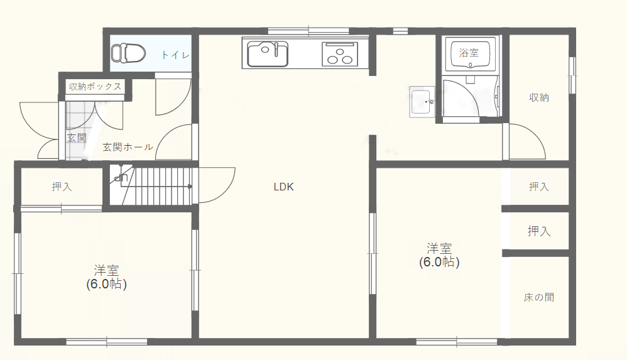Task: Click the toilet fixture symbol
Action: pyautogui.click(x=128, y=53)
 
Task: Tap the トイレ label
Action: pyautogui.click(x=175, y=55)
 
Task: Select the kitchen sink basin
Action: pyautogui.click(x=268, y=54)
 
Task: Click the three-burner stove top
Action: pyautogui.click(x=340, y=54)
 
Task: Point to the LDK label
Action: pyautogui.click(x=283, y=187)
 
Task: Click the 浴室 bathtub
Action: pyautogui.click(x=470, y=53)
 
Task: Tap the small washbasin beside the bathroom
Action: pyautogui.click(x=422, y=102)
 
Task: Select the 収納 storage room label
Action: pyautogui.click(x=538, y=97)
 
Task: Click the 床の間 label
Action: pyautogui.click(x=538, y=297)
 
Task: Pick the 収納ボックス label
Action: pyautogui.click(x=95, y=87)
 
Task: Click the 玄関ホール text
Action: pyautogui.click(x=128, y=147)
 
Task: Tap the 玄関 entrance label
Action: pyautogui.click(x=77, y=138)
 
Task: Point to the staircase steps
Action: pyautogui.click(x=160, y=186)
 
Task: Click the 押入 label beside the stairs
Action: pyautogui.click(x=62, y=187)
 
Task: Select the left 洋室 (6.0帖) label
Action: pyautogui.click(x=106, y=277)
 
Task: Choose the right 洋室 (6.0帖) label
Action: pyautogui.click(x=439, y=255)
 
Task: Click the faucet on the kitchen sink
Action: pyautogui.click(x=276, y=48)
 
